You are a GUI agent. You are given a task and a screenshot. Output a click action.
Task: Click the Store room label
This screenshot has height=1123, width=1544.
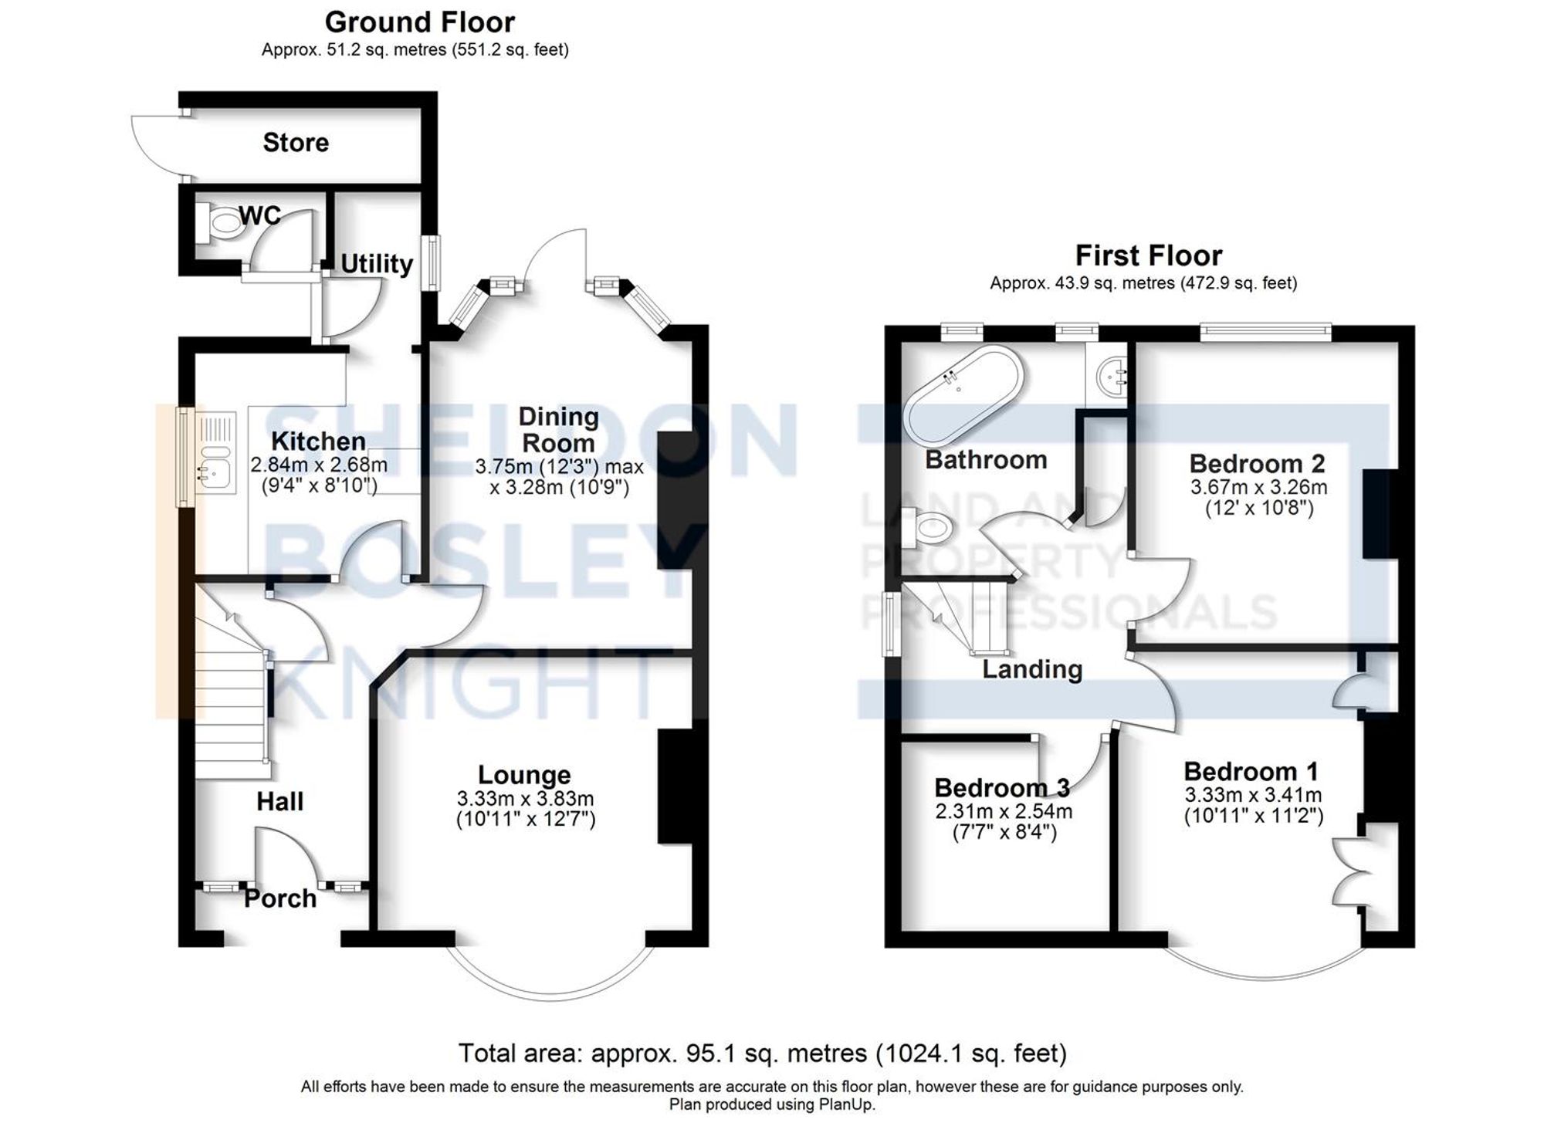296,143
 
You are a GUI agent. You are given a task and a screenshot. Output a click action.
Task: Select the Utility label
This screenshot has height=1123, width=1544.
377,264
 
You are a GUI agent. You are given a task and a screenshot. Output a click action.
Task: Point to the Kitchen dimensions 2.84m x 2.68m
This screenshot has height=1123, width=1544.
319,465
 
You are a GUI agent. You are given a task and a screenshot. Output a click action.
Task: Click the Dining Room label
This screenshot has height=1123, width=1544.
558,430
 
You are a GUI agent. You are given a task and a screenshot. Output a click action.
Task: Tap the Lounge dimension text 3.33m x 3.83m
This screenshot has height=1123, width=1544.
525,799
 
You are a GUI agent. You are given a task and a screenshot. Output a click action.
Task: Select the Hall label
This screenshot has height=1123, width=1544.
279,802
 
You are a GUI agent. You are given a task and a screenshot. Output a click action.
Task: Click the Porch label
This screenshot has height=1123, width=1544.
280,898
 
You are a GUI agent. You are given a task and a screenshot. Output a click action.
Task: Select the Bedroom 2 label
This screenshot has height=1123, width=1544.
1257,464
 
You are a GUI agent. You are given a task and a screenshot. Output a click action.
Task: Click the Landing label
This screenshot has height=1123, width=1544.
1032,669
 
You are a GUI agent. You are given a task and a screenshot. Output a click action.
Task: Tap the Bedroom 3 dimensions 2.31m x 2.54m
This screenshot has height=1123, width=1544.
1004,812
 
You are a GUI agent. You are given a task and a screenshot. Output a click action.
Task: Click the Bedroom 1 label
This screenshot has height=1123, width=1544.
1251,772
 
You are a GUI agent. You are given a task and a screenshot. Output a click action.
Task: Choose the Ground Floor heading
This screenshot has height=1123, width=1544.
419,22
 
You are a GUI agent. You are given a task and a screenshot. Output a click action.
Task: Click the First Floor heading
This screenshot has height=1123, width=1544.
1148,255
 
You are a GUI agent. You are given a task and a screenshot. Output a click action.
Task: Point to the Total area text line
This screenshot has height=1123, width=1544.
762,1053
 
